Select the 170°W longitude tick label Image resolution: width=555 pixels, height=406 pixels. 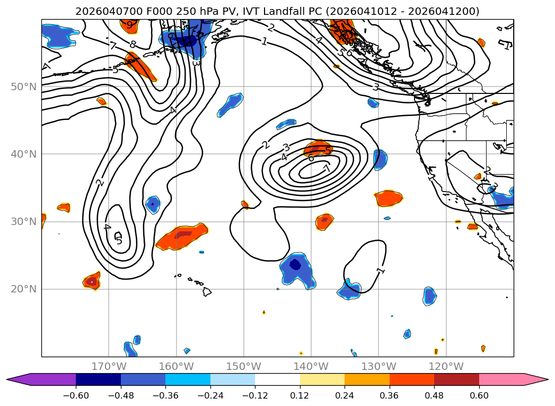pyautogui.click(x=109, y=366)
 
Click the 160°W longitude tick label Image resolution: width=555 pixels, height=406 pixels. pyautogui.click(x=176, y=366)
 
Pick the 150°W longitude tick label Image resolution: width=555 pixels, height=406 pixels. pyautogui.click(x=243, y=366)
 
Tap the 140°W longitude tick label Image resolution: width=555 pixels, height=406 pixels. pyautogui.click(x=311, y=366)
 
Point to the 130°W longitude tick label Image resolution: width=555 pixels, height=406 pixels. pyautogui.click(x=378, y=366)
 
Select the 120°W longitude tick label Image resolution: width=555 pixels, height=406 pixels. pyautogui.click(x=446, y=366)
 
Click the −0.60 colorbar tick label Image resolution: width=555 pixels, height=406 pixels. pyautogui.click(x=76, y=395)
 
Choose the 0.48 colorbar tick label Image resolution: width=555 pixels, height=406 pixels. pyautogui.click(x=434, y=395)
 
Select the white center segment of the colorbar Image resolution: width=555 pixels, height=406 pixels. pyautogui.click(x=277, y=379)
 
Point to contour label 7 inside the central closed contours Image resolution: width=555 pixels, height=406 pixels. pyautogui.click(x=327, y=168)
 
